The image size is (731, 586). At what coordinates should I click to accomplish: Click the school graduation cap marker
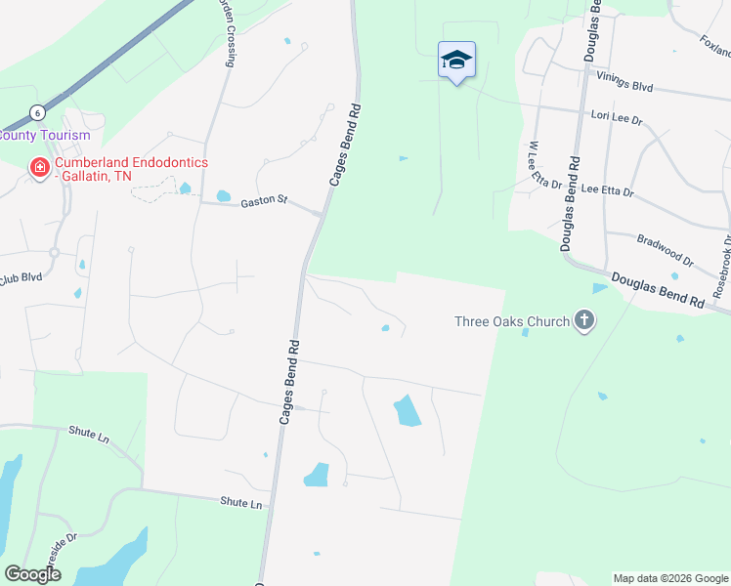pos(456,61)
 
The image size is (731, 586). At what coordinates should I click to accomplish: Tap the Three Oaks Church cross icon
pos(584,320)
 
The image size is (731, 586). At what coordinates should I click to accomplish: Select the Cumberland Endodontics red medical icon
pos(40,169)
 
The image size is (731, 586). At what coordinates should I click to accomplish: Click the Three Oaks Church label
pos(511,321)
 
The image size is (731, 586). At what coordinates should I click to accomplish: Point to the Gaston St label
pos(264,201)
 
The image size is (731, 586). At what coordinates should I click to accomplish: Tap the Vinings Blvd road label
pos(623,86)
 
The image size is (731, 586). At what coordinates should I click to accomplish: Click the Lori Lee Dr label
pos(617,119)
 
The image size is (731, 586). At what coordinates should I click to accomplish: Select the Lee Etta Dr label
pos(607,192)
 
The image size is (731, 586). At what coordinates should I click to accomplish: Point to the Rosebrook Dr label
pos(722,266)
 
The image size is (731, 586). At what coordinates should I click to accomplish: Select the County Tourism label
pos(45,135)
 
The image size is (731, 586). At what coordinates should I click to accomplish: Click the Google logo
pos(33,574)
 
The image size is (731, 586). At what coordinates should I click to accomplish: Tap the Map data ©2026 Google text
pos(669,578)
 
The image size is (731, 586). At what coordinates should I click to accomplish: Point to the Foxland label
pos(714,45)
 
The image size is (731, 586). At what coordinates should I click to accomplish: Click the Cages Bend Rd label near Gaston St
pos(346,145)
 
